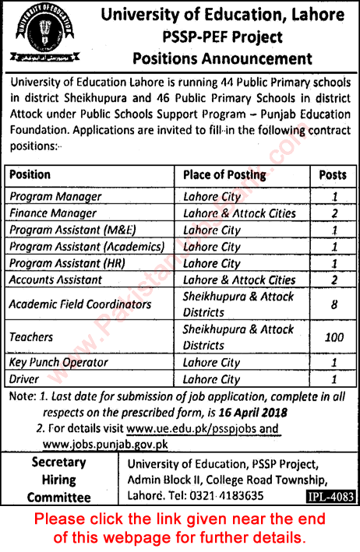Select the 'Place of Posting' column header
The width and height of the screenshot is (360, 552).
[x=224, y=175]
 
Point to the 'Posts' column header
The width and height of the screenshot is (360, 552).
[x=333, y=175]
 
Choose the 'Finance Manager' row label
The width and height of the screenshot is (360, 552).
[x=53, y=213]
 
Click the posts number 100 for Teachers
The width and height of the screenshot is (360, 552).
[x=333, y=337]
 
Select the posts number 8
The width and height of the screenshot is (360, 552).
[x=333, y=304]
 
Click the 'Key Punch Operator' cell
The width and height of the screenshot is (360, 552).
[x=58, y=363]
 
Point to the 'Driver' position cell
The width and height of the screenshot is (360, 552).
[x=25, y=379]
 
